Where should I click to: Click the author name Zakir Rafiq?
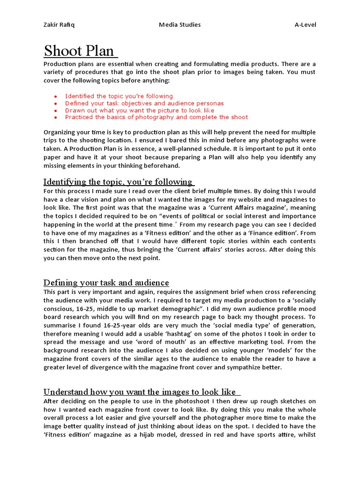pyautogui.click(x=59, y=24)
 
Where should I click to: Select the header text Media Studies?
pyautogui.click(x=180, y=24)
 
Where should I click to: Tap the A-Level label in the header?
pyautogui.click(x=305, y=24)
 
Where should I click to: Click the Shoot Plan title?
pyautogui.click(x=80, y=51)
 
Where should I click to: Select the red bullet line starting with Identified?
pyautogui.click(x=119, y=96)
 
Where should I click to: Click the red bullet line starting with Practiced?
pyautogui.click(x=156, y=117)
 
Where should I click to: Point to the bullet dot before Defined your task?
pyautogui.click(x=55, y=104)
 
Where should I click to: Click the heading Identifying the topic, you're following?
pyautogui.click(x=118, y=181)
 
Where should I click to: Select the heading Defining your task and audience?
pyautogui.click(x=106, y=283)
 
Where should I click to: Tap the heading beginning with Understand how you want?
pyautogui.click(x=142, y=392)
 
